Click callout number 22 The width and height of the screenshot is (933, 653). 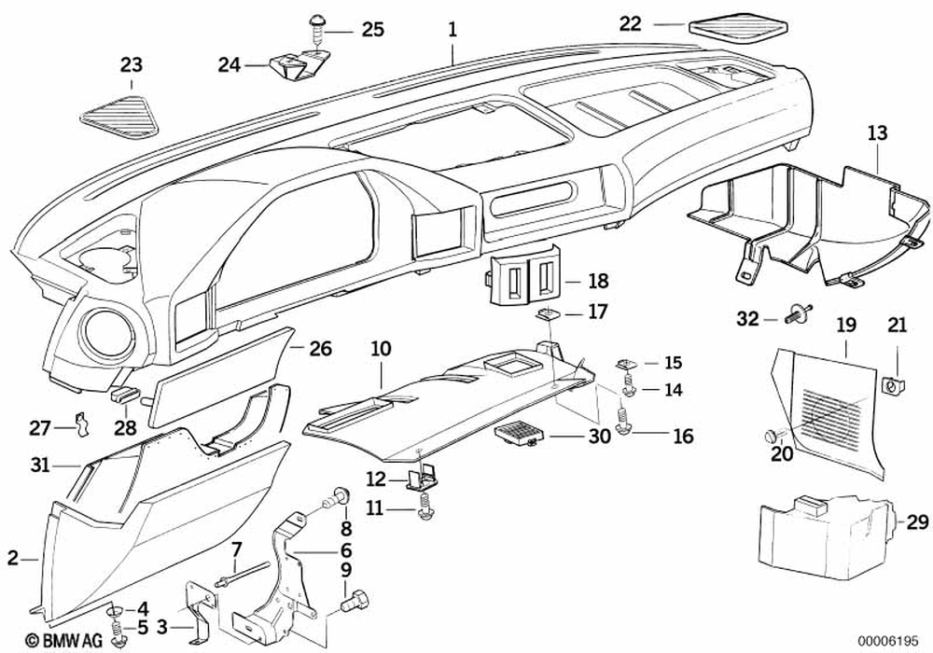[631, 24]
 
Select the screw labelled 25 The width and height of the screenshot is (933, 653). [316, 28]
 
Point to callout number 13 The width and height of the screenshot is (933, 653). [877, 132]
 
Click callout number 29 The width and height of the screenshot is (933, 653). [917, 522]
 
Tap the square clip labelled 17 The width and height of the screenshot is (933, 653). [546, 313]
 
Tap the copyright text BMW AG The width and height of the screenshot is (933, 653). [63, 640]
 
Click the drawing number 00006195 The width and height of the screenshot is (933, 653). [888, 642]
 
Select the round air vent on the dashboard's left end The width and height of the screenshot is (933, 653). [107, 335]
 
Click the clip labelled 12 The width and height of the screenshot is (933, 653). [420, 479]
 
